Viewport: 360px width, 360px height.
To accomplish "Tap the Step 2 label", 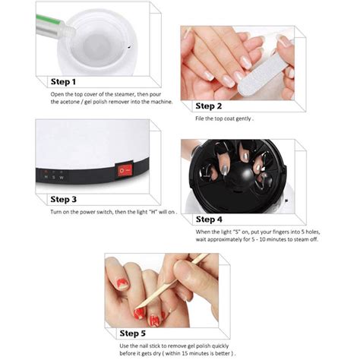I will click(211, 106).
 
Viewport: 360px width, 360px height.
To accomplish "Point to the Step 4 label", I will click(211, 219).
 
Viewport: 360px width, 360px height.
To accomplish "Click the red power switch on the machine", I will click(122, 172).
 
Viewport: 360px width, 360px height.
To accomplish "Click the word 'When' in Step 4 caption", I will click(204, 232).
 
